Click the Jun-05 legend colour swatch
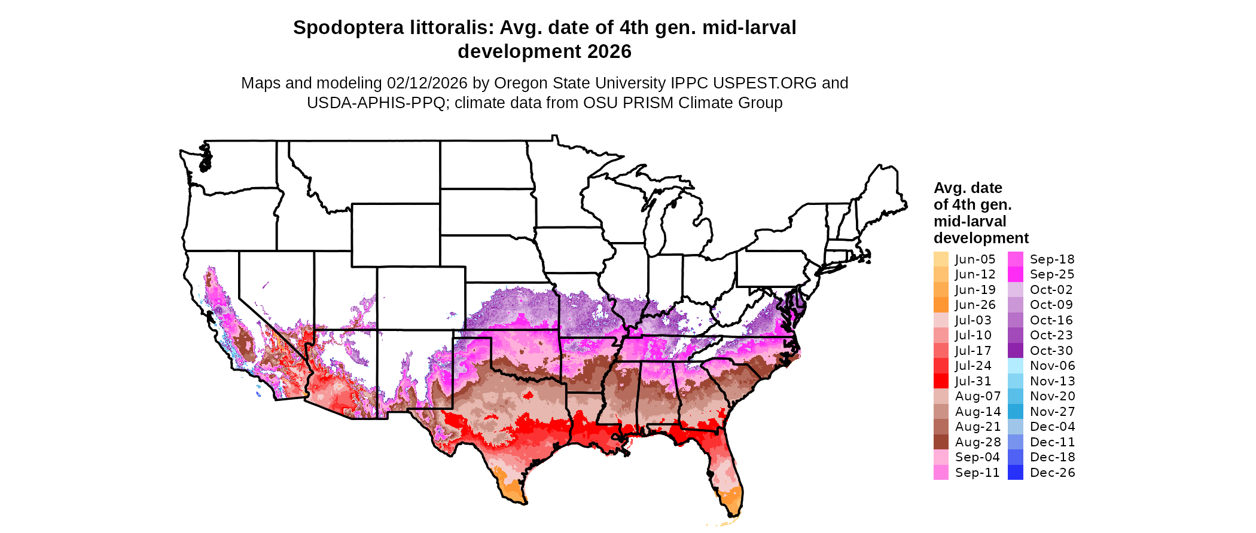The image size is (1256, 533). coord(941,259)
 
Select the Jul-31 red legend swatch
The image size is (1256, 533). coord(941,381)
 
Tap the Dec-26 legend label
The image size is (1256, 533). coord(1052,473)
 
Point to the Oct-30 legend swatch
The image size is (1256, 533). coord(1016,351)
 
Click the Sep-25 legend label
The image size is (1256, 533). coord(1052,274)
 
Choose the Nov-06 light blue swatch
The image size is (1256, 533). coord(1016,366)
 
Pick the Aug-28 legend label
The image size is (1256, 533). coord(978,442)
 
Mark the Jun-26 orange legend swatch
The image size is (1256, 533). coord(941,305)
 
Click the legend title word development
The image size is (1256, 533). coord(981,238)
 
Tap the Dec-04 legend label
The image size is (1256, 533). coord(1052,427)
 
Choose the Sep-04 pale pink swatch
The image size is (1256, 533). coord(941,457)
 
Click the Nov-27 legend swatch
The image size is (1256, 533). coord(1016,412)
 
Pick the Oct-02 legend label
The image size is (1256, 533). coord(1051,290)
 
